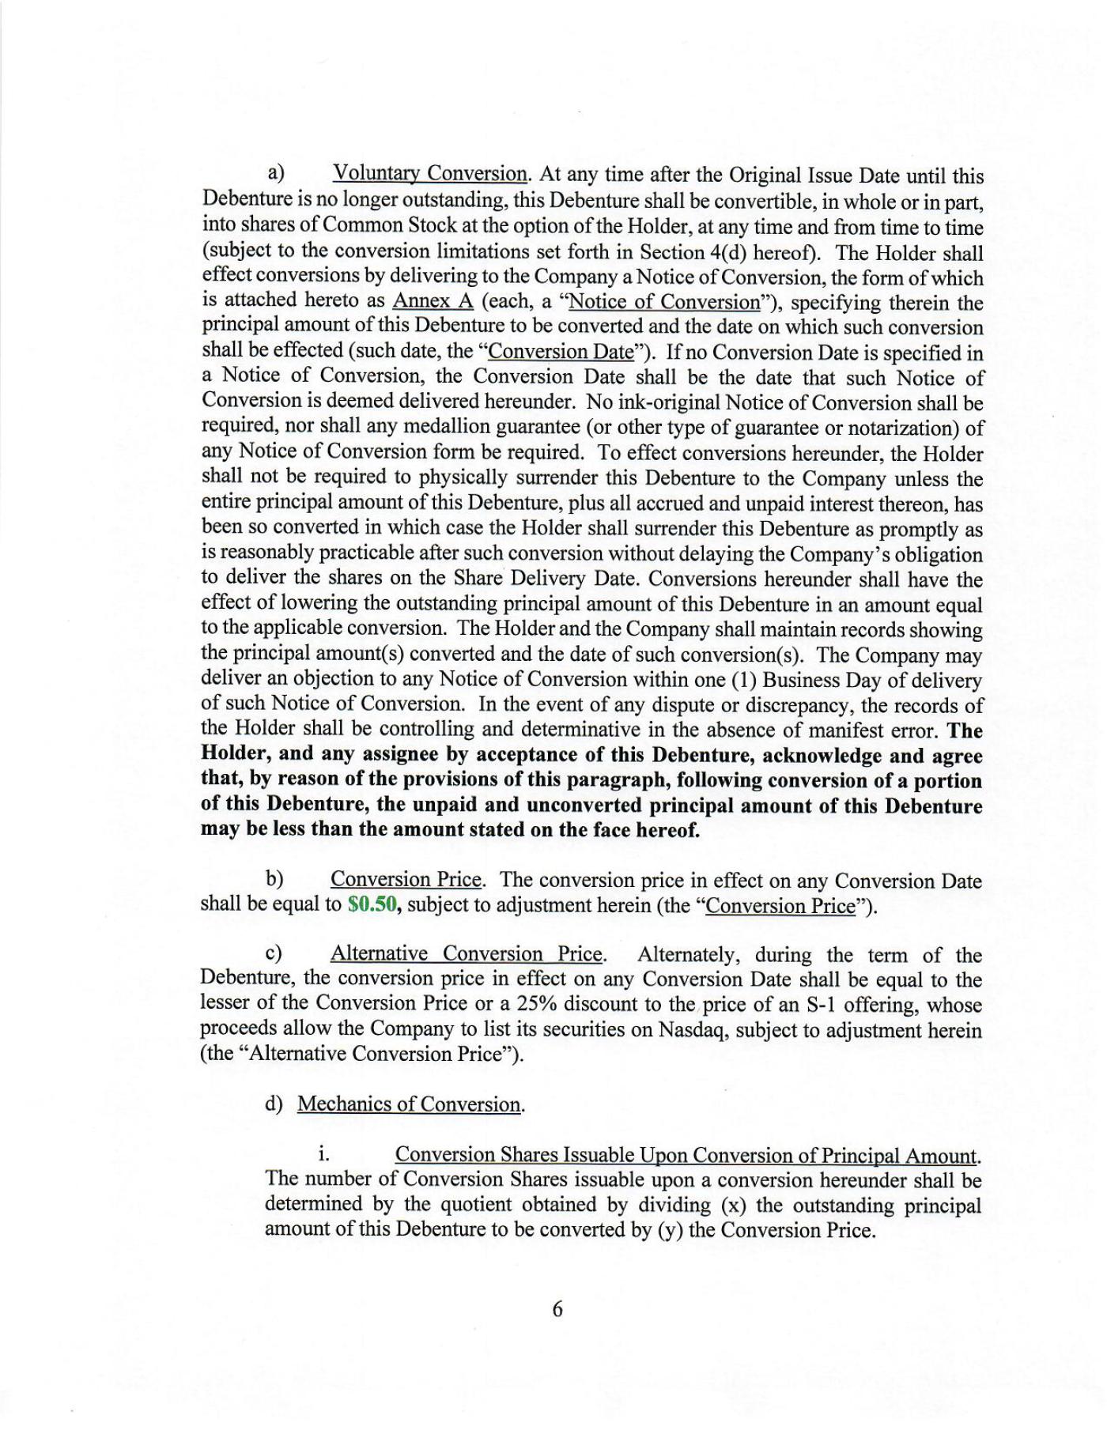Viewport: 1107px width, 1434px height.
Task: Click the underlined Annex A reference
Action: [x=433, y=301]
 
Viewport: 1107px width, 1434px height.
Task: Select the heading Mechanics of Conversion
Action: [x=410, y=1104]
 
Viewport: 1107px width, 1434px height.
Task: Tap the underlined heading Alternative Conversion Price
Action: [x=467, y=954]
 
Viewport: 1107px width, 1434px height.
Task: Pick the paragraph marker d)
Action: [x=274, y=1104]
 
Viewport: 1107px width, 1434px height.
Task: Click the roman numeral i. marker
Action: [x=324, y=1154]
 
